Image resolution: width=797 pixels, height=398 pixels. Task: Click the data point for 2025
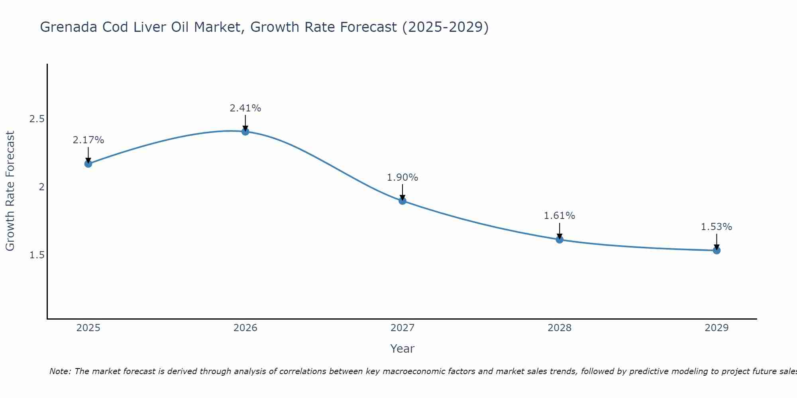[88, 164]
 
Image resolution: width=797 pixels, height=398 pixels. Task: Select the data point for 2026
[245, 131]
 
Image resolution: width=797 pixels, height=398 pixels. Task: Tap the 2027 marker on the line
[402, 201]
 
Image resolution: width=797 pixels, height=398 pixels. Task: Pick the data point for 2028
[559, 240]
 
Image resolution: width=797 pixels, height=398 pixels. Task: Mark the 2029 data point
[717, 250]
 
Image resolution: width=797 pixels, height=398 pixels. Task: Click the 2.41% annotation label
[245, 108]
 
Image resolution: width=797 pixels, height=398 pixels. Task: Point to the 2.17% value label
[88, 140]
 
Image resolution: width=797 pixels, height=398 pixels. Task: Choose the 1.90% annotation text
[402, 178]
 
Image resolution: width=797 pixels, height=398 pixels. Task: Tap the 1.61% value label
[559, 216]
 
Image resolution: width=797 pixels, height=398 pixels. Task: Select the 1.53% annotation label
[717, 227]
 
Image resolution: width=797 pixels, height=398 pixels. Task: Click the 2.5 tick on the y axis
[37, 119]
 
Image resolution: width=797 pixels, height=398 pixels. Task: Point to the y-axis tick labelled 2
[41, 187]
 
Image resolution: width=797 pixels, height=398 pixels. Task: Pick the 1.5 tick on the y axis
[37, 255]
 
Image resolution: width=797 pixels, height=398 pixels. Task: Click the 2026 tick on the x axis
[245, 328]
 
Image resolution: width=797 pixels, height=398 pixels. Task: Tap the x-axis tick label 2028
[559, 328]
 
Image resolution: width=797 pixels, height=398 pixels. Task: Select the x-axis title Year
[402, 349]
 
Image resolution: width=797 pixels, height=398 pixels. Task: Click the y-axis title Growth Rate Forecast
[10, 191]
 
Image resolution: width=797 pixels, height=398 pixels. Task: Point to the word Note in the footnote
[60, 371]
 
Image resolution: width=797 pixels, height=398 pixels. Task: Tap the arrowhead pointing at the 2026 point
[245, 128]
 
